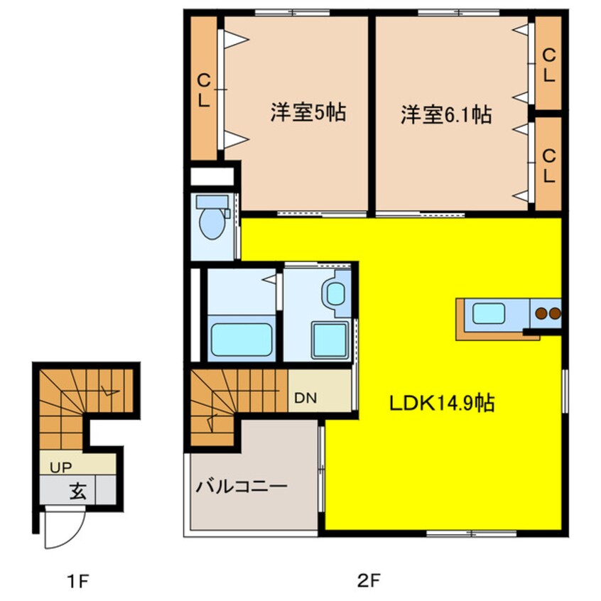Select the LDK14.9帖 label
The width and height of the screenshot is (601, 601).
click(441, 403)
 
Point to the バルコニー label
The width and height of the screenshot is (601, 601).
click(242, 488)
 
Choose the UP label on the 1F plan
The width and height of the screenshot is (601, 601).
click(59, 467)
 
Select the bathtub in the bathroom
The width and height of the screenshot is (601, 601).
click(242, 340)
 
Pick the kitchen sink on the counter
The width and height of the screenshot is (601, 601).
click(489, 313)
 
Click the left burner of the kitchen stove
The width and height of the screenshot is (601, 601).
click(541, 313)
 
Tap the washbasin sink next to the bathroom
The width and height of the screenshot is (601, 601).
click(335, 293)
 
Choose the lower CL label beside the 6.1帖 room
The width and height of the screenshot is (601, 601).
click(548, 164)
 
